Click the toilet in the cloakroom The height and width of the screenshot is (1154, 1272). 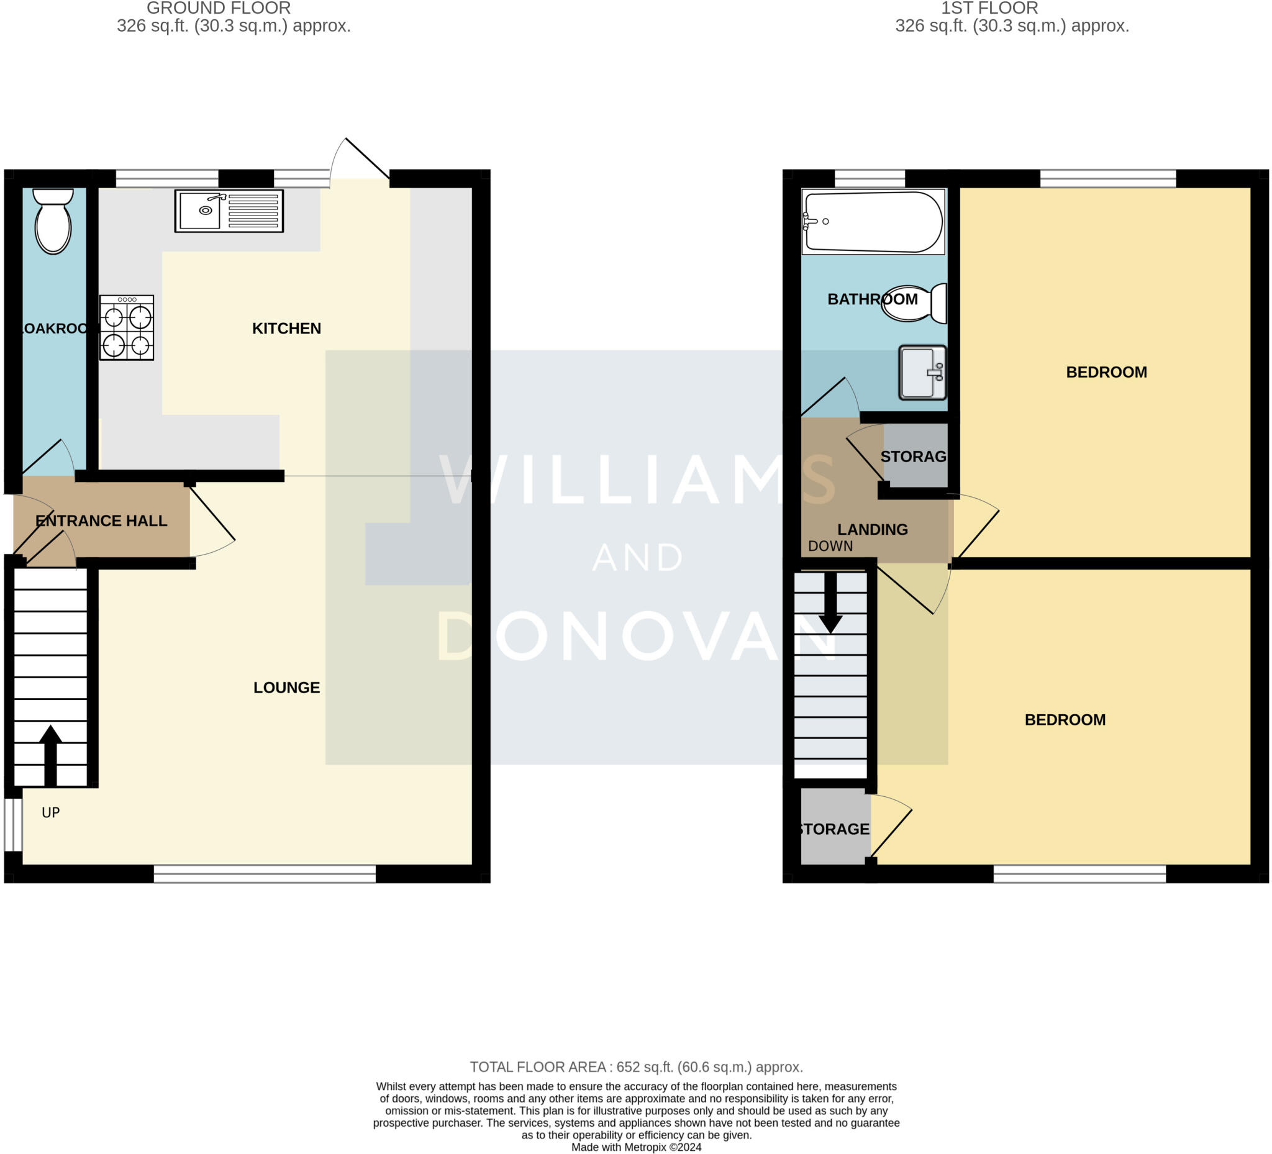click(x=53, y=222)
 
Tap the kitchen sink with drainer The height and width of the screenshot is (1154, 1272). click(x=229, y=211)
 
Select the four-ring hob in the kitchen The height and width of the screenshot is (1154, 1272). click(x=126, y=328)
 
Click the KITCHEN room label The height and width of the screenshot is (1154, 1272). click(x=286, y=328)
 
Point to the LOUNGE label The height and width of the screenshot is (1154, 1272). click(x=286, y=687)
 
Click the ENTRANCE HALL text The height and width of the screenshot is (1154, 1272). click(x=101, y=520)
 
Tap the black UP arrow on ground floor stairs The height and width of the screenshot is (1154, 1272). click(x=50, y=754)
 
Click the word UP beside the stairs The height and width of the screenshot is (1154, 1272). click(x=50, y=812)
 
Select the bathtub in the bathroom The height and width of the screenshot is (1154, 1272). click(x=873, y=222)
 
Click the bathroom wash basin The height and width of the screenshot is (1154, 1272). click(x=922, y=372)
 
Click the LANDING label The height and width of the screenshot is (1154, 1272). click(x=872, y=529)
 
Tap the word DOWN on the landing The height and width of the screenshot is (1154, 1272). click(x=830, y=547)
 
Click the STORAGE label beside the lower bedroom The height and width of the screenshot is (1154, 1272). click(x=834, y=829)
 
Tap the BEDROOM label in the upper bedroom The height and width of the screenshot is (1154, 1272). click(x=1106, y=372)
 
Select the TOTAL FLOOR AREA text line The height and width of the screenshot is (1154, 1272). click(x=636, y=1067)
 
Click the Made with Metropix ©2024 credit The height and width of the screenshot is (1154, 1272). click(x=636, y=1147)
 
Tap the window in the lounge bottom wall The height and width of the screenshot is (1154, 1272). click(x=265, y=874)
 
